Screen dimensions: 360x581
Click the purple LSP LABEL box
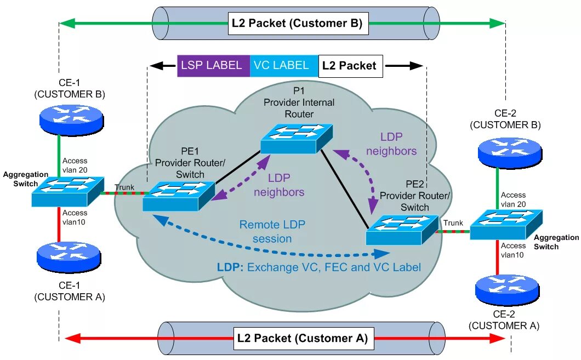click(213, 65)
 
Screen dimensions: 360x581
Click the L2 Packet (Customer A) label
click(302, 338)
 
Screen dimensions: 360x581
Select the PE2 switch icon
click(402, 230)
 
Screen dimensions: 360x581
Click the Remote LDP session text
click(272, 231)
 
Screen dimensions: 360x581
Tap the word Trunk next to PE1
click(124, 187)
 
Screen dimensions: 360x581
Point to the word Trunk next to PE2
click(453, 223)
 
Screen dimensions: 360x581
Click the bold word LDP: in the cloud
click(230, 267)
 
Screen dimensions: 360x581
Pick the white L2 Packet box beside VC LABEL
click(350, 66)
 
